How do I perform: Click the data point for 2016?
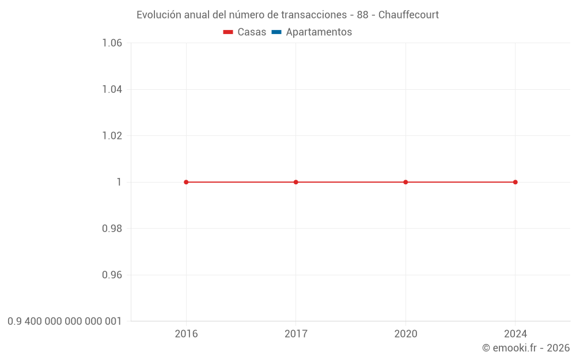[186, 182]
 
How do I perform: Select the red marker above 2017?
[296, 182]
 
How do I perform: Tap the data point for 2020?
[406, 182]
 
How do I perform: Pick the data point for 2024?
[515, 182]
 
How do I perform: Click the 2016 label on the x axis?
[186, 334]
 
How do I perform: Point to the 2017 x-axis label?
[296, 334]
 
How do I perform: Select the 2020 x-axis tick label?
[406, 334]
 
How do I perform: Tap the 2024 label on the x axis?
[515, 334]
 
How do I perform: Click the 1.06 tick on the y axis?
[112, 43]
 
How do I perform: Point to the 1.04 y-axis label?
[112, 89]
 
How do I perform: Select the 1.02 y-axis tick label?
[112, 136]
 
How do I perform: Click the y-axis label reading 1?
[119, 182]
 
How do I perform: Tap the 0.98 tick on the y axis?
[112, 229]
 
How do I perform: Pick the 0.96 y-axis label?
[112, 275]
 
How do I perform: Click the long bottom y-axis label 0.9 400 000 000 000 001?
[65, 321]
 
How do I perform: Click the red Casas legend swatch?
[228, 32]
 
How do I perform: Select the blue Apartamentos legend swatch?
[276, 32]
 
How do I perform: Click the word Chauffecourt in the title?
[408, 15]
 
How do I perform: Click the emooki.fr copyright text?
[526, 348]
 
